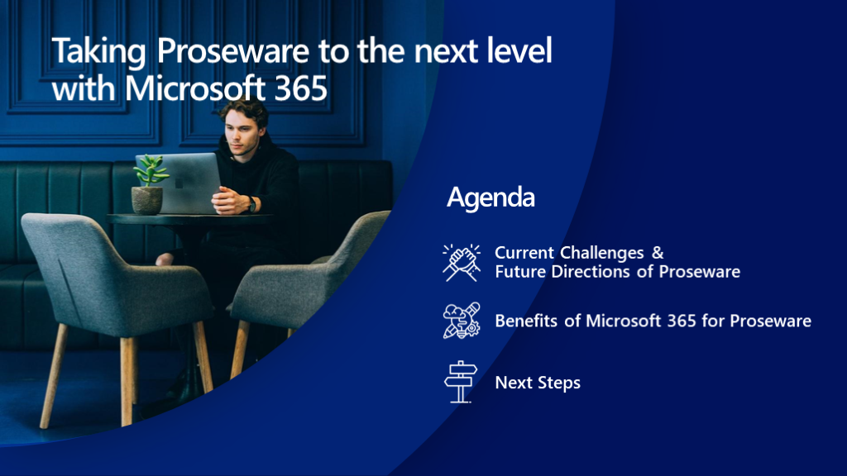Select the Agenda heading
[490, 198]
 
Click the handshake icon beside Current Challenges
[462, 263]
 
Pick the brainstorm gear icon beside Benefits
[462, 321]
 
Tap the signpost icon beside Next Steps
[461, 382]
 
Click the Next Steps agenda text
[538, 383]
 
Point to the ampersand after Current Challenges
[658, 253]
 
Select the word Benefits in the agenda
[526, 321]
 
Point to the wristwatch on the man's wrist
[251, 204]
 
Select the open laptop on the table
[179, 183]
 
